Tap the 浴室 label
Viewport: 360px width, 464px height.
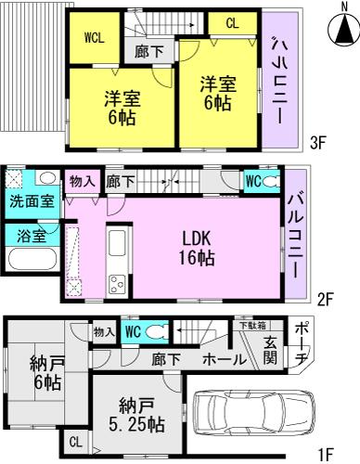[27, 236]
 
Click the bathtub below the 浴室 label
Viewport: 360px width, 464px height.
[27, 257]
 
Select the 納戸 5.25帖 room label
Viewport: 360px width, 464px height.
[139, 416]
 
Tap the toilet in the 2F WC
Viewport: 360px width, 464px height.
[271, 183]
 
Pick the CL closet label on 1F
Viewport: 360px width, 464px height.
[74, 443]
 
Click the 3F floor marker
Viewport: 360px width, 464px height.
[319, 144]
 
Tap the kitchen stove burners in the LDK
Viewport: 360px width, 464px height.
[118, 281]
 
